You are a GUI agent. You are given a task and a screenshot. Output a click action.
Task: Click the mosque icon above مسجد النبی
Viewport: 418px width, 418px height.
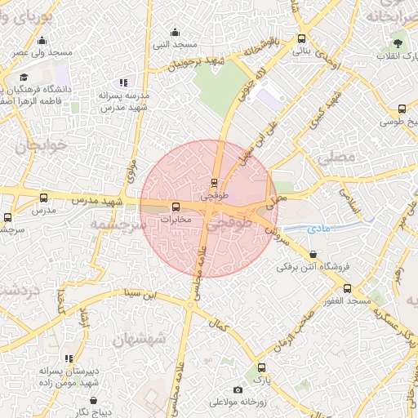click(189, 29)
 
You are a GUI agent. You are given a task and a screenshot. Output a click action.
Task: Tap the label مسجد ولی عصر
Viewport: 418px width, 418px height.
click(42, 52)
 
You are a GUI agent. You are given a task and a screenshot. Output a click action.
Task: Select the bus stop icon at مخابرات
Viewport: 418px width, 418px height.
click(176, 206)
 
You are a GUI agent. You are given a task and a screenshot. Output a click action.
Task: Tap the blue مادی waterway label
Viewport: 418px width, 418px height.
click(320, 231)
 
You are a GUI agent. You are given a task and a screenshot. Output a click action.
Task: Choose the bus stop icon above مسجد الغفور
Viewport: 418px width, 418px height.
click(348, 288)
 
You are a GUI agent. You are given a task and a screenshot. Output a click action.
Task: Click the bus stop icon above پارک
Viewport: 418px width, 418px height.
click(263, 369)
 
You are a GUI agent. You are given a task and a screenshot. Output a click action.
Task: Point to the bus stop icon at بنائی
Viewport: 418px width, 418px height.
click(302, 38)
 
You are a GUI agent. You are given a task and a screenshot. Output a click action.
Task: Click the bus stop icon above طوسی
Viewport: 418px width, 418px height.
click(402, 109)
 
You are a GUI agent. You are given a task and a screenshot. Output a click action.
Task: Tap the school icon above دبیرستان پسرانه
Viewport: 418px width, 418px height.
click(69, 358)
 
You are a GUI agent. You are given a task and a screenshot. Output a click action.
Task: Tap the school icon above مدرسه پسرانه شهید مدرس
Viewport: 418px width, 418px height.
click(123, 82)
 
